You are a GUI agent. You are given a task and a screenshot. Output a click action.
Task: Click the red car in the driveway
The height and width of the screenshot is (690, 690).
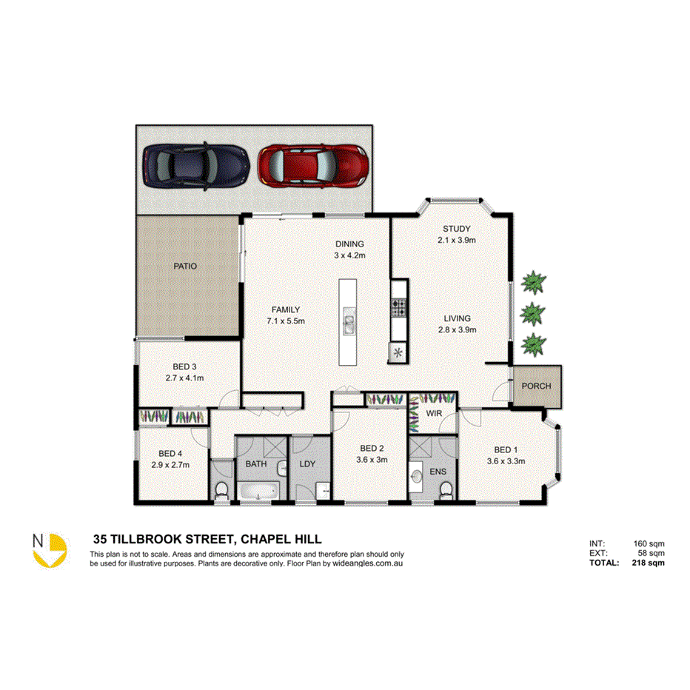pyautogui.click(x=312, y=165)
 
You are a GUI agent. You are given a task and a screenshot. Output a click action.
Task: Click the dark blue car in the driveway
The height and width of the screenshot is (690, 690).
pyautogui.click(x=195, y=165)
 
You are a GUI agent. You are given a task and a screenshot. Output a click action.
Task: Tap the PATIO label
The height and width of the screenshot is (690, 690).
pyautogui.click(x=185, y=267)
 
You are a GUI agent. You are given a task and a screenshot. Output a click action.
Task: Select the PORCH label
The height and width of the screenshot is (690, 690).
pyautogui.click(x=536, y=386)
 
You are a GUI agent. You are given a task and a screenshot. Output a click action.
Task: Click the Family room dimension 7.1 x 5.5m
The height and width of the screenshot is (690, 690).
pyautogui.click(x=285, y=321)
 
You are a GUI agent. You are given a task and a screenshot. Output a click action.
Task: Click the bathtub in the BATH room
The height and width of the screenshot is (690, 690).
pyautogui.click(x=257, y=490)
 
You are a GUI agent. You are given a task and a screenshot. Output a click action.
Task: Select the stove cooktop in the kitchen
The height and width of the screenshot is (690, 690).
pyautogui.click(x=399, y=304)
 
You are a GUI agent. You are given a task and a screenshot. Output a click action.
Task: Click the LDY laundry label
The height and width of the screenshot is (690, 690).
pyautogui.click(x=308, y=464)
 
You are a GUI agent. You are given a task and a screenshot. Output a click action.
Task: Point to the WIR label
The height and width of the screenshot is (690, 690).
pyautogui.click(x=433, y=413)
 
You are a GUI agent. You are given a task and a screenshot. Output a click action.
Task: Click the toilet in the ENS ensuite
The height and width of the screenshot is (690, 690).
pyautogui.click(x=445, y=491)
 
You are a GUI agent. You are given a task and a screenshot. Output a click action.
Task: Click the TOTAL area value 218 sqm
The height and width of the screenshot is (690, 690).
pyautogui.click(x=649, y=563)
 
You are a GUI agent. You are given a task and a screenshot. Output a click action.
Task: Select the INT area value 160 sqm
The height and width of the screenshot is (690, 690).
pyautogui.click(x=650, y=543)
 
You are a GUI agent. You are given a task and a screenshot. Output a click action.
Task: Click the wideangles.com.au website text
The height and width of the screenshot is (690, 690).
pyautogui.click(x=367, y=563)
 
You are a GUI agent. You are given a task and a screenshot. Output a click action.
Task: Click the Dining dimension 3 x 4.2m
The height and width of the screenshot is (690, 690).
pyautogui.click(x=349, y=255)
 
